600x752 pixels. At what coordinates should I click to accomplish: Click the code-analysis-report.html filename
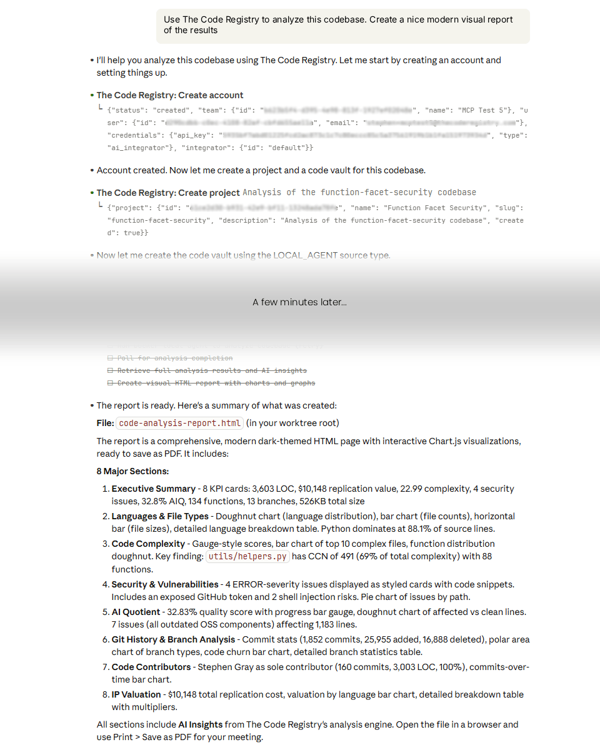click(180, 424)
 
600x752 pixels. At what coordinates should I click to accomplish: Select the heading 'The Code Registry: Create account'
click(169, 95)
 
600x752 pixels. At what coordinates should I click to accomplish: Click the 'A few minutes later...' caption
click(299, 302)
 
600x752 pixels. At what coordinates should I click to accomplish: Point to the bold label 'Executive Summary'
click(153, 489)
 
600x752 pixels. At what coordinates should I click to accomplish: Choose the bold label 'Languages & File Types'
click(160, 516)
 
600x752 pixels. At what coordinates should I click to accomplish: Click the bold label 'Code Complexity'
click(148, 544)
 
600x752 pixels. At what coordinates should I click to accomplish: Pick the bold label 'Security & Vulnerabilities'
click(165, 584)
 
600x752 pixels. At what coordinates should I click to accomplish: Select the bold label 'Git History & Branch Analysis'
click(173, 639)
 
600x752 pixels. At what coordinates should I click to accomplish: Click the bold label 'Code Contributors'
click(151, 667)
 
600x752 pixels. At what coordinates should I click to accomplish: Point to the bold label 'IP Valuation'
click(136, 694)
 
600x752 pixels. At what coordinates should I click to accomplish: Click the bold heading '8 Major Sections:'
click(132, 471)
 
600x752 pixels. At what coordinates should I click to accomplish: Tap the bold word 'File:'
click(105, 424)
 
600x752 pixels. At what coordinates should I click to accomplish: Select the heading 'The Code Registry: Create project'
click(168, 193)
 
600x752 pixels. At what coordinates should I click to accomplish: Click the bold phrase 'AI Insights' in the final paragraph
click(200, 724)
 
